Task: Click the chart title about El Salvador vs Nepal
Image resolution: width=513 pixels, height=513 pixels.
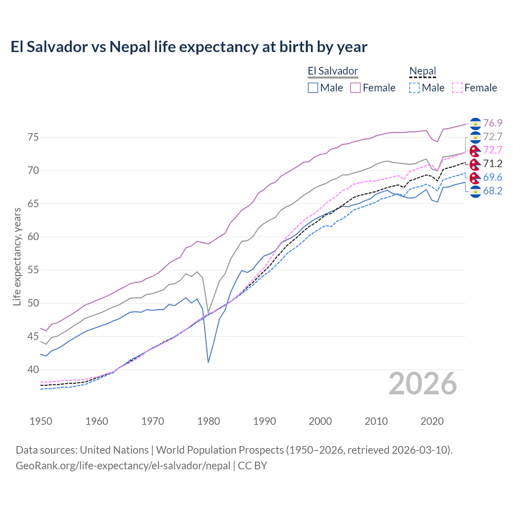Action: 189,47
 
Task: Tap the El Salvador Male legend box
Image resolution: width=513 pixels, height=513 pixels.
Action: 313,88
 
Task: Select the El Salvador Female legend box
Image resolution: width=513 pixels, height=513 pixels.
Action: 355,88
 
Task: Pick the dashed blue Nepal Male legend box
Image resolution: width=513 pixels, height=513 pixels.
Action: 414,88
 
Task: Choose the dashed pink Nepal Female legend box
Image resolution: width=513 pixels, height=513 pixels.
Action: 457,88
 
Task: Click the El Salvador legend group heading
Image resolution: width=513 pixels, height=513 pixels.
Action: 333,71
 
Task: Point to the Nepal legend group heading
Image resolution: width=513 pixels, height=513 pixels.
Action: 422,71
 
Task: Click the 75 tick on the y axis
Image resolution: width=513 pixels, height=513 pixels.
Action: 33,137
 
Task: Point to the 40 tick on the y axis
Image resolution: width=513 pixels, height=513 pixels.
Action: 33,370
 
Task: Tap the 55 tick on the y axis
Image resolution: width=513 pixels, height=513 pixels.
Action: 33,270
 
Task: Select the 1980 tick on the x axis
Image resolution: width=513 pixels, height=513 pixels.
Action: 208,421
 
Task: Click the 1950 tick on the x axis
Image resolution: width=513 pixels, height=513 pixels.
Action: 41,421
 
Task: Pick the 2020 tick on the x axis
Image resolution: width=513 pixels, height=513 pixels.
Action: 432,421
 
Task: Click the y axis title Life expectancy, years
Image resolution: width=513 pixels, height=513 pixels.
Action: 17,256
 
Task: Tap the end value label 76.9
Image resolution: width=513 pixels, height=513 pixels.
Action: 493,123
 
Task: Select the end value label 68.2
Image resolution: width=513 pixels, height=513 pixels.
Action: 493,191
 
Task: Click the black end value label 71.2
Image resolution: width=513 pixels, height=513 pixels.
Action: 493,164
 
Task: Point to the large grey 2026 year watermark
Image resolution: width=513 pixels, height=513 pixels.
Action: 423,384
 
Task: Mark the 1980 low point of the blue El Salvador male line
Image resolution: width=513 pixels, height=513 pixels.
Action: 208,362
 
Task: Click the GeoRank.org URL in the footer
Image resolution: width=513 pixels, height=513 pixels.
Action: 123,466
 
